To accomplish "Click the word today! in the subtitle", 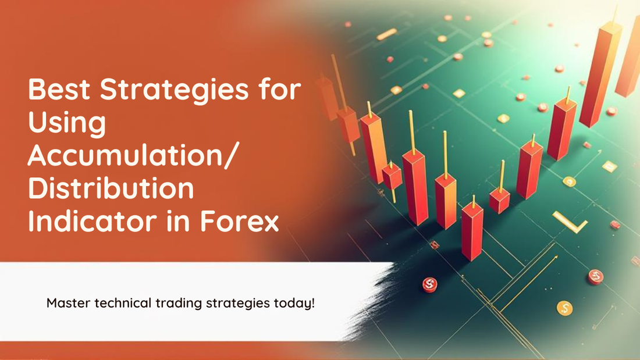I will (296, 303).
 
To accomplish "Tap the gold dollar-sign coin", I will (563, 307).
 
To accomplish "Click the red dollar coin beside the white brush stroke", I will (429, 284).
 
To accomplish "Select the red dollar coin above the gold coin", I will (595, 276).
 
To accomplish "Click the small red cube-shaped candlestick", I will (499, 199).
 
